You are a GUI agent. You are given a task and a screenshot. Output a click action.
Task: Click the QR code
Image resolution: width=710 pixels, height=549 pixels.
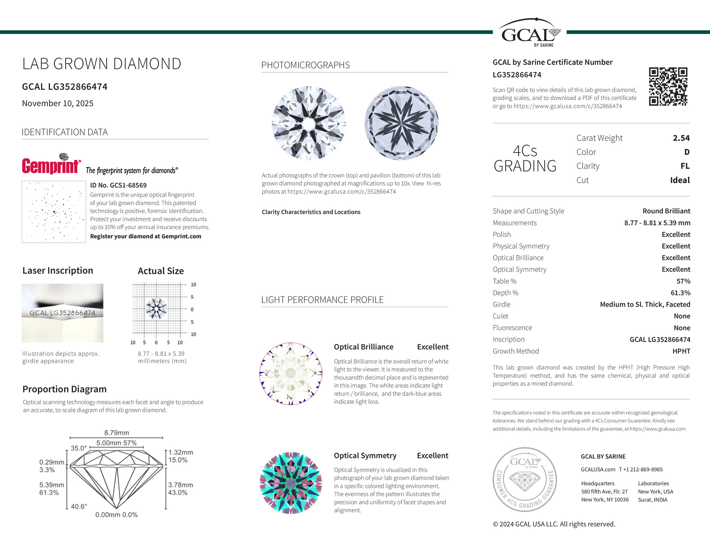668,86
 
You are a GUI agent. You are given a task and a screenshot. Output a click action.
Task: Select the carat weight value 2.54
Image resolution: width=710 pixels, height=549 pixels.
681,138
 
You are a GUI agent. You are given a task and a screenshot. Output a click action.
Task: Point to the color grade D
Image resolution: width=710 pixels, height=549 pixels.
687,152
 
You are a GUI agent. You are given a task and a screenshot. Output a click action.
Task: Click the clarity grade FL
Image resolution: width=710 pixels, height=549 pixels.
685,166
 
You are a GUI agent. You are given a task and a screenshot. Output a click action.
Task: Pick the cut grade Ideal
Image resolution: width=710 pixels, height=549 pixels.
680,180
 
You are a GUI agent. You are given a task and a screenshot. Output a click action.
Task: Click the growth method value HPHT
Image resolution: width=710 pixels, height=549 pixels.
681,351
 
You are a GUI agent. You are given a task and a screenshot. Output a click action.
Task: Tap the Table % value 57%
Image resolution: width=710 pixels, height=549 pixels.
683,281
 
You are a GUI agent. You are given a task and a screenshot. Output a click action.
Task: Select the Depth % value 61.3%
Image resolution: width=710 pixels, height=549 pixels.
680,293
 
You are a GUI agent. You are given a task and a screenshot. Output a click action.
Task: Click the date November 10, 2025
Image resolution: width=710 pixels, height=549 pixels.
58,103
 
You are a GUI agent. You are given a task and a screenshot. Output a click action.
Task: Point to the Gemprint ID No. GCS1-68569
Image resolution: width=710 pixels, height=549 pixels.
118,185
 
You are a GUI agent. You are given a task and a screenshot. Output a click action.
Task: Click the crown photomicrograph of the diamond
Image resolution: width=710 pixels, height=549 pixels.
309,123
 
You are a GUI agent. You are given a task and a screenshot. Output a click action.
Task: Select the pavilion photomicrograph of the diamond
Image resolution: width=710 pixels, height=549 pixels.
401,123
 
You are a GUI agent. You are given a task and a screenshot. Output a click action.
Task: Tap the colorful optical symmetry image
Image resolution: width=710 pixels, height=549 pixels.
291,483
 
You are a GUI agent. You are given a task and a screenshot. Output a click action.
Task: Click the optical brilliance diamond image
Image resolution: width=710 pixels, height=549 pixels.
291,373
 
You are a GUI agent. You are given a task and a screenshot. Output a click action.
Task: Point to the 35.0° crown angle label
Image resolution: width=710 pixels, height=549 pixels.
79,448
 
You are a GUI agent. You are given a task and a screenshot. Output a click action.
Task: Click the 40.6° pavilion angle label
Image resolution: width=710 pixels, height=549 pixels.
79,506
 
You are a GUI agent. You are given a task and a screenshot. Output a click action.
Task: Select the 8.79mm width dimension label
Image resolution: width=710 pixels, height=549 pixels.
116,432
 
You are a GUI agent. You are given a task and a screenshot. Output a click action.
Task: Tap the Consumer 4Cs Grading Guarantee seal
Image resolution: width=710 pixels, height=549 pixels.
525,479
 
